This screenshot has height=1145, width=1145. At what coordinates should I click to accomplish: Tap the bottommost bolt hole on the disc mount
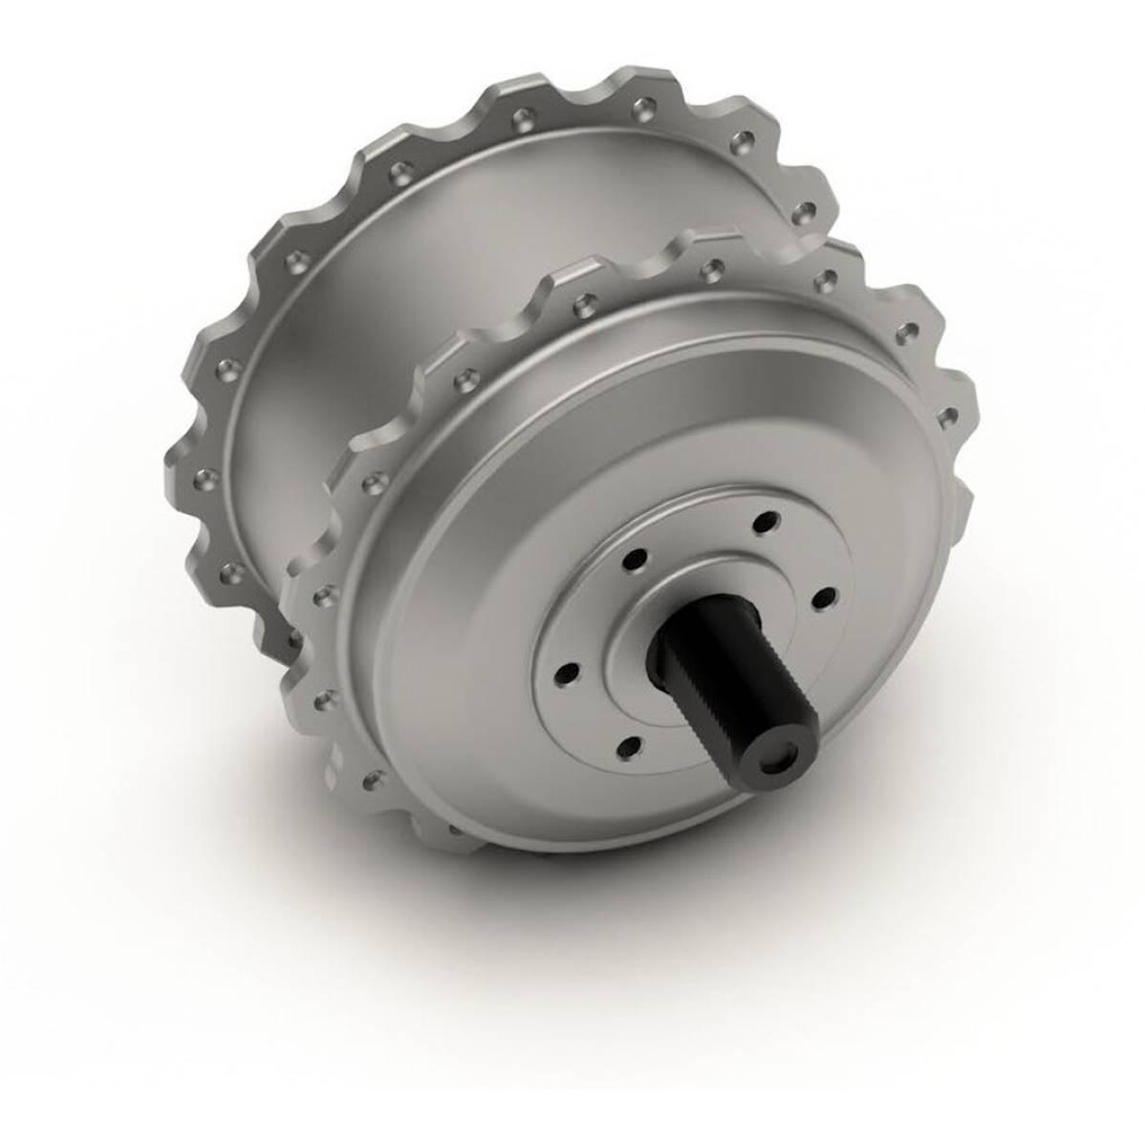630,751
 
